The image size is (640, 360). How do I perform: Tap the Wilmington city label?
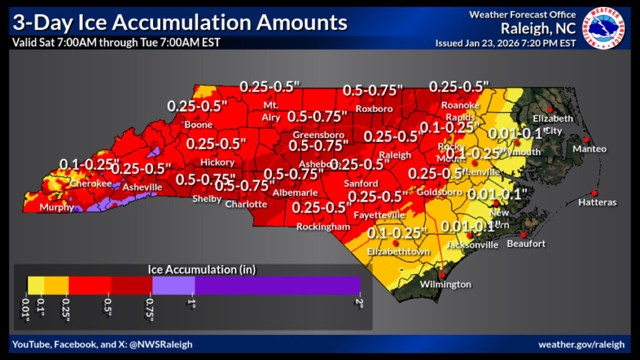[x=446, y=284]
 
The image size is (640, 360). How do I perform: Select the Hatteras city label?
[x=597, y=202]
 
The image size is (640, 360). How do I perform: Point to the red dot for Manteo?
[x=586, y=139]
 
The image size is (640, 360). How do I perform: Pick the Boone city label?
[x=198, y=125]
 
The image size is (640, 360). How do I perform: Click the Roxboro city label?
[x=374, y=109]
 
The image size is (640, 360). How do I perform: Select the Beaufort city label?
[x=526, y=243]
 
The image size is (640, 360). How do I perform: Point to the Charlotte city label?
[x=246, y=204]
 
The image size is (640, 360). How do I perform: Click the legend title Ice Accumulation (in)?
[x=202, y=269]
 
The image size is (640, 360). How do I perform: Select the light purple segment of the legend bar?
[x=173, y=285]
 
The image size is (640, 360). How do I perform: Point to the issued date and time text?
[x=505, y=43]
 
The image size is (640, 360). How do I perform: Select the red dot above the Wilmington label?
[x=442, y=274]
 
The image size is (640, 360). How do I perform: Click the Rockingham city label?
[x=323, y=227]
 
